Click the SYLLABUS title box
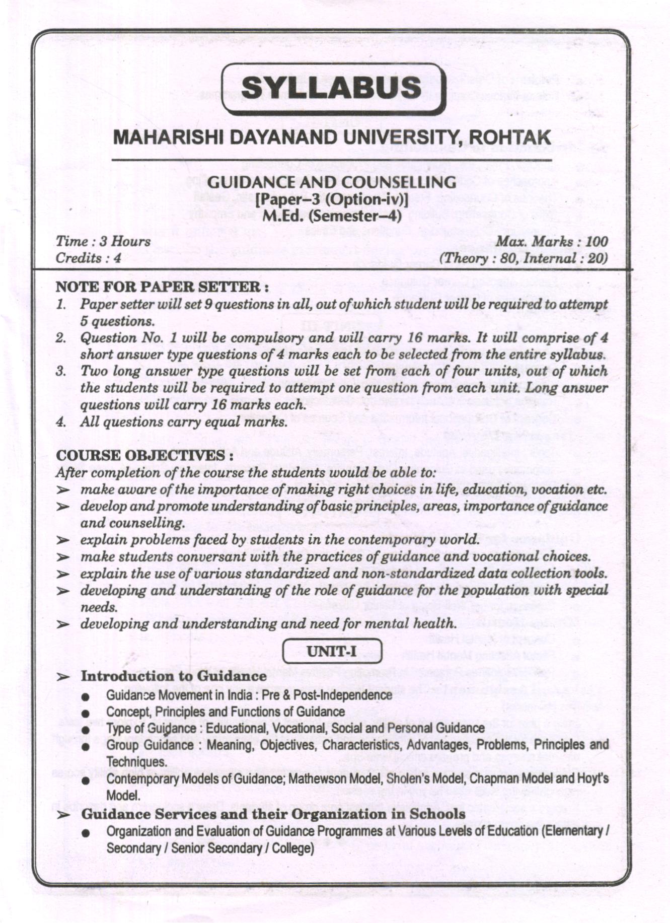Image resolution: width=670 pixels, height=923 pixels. pos(333,89)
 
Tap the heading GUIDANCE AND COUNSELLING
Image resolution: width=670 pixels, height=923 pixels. pos(332,182)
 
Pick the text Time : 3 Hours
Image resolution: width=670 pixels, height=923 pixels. pos(103,241)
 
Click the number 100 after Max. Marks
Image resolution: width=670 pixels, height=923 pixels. pos(597,242)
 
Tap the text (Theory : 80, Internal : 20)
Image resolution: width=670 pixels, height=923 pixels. pos(523,258)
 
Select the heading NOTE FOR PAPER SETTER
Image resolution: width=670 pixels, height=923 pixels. pos(161,287)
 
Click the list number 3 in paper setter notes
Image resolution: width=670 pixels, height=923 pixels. pos(61,372)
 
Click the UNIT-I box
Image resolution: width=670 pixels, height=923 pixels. pos(332,652)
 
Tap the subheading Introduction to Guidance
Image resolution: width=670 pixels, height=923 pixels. pos(174,676)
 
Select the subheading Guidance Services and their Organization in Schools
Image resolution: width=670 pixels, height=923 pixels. pos(273,814)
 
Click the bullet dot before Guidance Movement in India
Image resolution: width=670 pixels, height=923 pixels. pos(87,697)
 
